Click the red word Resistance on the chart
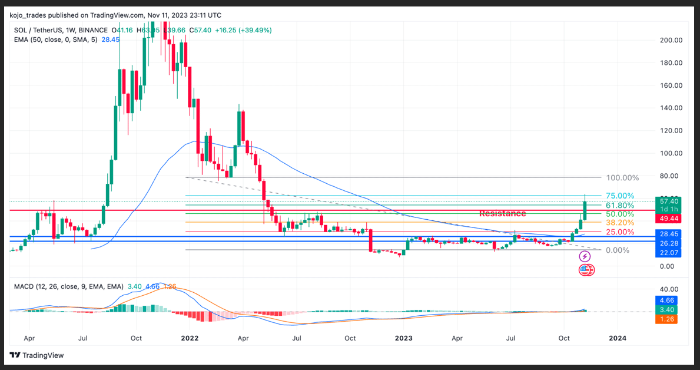coord(502,213)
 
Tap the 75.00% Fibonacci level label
coord(620,196)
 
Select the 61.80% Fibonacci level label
coord(620,205)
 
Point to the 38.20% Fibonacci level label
coord(620,223)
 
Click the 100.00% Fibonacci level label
coord(622,177)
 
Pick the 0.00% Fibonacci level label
coord(618,250)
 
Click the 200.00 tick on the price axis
coord(670,40)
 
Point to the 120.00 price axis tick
coord(670,131)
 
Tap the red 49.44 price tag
coord(669,219)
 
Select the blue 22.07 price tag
coord(669,253)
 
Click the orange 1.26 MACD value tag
coord(669,319)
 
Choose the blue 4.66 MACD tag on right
coord(669,300)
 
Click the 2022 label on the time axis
coord(190,338)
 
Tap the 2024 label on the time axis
coord(617,338)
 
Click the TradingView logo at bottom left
coord(37,355)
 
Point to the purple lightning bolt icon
coord(585,256)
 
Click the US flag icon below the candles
coord(584,270)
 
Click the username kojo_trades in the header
coord(30,15)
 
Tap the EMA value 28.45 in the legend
coord(111,39)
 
